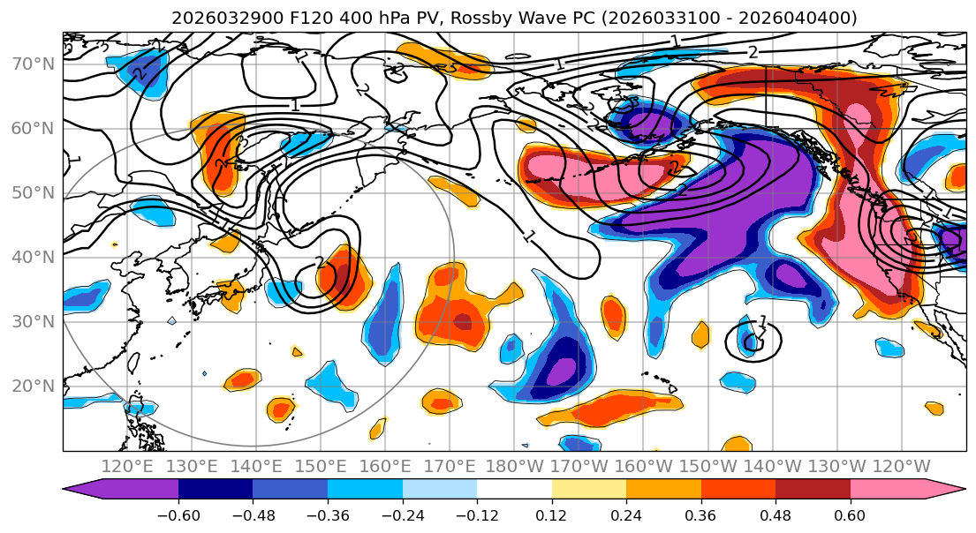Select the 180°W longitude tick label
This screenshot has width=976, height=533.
tap(514, 466)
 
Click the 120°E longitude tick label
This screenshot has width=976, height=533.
tap(127, 466)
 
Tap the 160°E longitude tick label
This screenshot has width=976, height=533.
tap(385, 466)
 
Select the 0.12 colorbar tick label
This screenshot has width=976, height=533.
tap(551, 515)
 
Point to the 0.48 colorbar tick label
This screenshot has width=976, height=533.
tap(776, 515)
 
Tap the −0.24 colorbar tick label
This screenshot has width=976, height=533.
tap(402, 515)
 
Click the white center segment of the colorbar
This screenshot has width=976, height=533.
tap(514, 490)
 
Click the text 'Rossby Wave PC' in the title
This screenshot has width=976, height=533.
tap(510, 18)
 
